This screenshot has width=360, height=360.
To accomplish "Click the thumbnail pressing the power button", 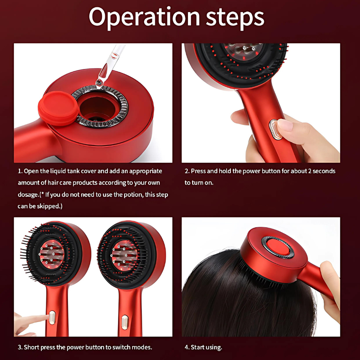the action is click(x=285, y=125).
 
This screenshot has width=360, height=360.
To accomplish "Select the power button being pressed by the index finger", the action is click(x=52, y=317).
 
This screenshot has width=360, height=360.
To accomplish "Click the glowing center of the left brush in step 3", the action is click(x=52, y=254).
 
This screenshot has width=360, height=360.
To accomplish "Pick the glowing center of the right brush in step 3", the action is click(x=124, y=256).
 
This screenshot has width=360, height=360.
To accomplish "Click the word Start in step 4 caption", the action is click(x=198, y=347).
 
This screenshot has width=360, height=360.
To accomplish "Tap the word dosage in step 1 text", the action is click(x=28, y=195).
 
